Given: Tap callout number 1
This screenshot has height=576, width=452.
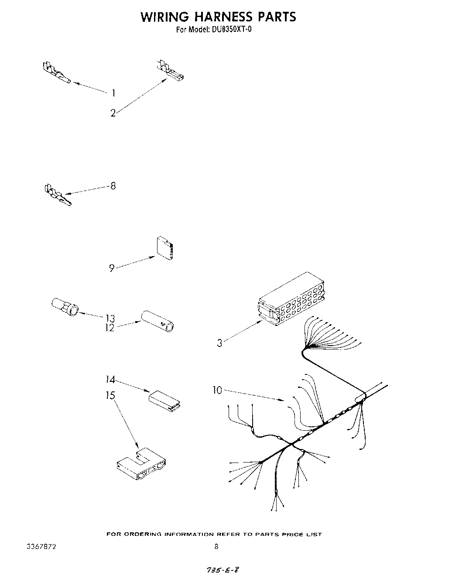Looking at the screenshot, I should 113,93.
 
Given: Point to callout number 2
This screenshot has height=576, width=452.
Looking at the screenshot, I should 113,113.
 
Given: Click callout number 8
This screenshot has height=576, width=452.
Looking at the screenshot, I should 113,186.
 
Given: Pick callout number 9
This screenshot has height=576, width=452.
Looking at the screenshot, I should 112,268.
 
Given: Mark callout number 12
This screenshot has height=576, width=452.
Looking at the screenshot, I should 109,328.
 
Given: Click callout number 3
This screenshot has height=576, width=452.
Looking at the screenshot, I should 219,343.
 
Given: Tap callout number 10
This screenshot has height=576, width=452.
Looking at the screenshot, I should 217,390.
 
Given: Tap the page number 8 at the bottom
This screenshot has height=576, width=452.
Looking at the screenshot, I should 216,546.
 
